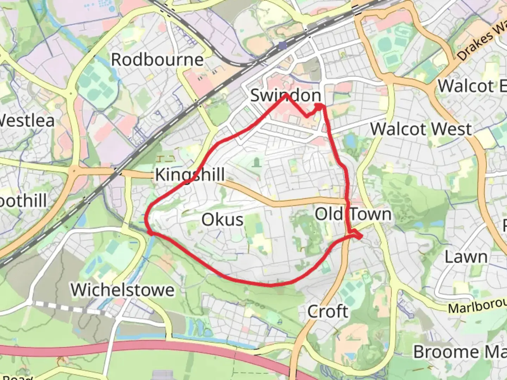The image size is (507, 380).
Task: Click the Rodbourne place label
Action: coord(157,60)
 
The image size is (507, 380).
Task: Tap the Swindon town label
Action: coord(286,95)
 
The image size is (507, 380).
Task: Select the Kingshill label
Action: coord(190,175)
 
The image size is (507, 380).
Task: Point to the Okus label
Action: coord(223,220)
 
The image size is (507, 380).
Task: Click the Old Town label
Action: coord(353,214)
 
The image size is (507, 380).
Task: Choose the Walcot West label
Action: coord(421,129)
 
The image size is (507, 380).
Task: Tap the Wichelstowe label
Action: coord(123,290)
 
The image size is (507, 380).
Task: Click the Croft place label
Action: coord(328,311)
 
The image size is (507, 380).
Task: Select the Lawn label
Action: coord(466,257)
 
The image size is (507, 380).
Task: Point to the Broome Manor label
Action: coord(460,352)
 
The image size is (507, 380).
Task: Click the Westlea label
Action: coord(26,121)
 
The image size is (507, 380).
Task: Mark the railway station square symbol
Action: coord(282,45)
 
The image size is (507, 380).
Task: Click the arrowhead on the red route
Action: coord(319,106)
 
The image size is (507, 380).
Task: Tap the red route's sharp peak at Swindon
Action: coord(286,95)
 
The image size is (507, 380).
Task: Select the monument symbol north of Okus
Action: coord(257,162)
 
